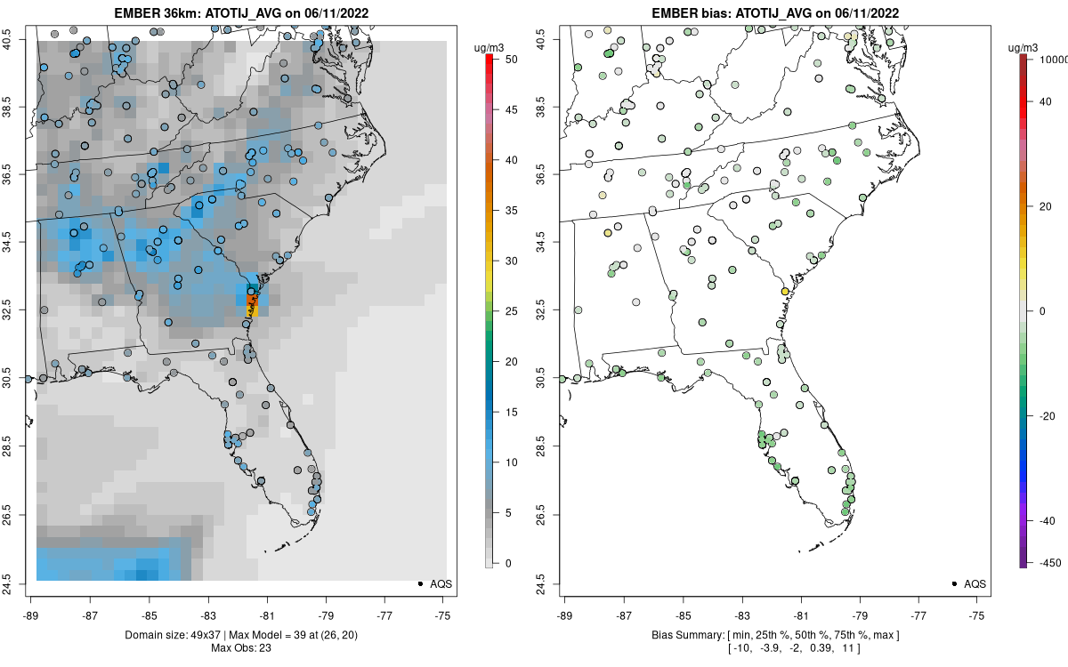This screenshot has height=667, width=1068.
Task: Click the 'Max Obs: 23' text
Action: click(x=241, y=647)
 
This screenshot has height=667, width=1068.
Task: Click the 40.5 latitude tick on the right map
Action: click(x=541, y=37)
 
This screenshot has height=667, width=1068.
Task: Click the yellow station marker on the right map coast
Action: click(x=785, y=292)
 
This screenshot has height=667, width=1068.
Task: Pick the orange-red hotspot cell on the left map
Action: click(x=251, y=308)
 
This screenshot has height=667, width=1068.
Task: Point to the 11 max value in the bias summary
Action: click(x=854, y=647)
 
